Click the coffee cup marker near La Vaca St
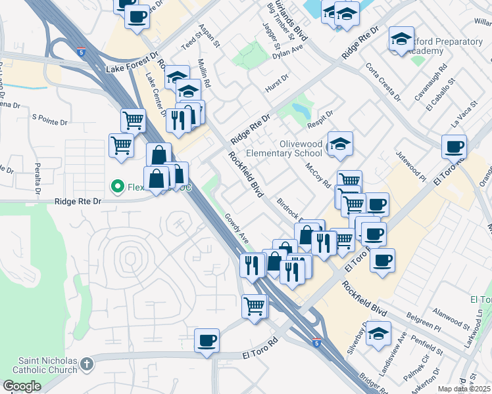[453, 147]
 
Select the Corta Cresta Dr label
[383, 82]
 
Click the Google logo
[22, 386]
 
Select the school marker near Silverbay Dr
[378, 333]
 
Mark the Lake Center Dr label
[155, 95]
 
